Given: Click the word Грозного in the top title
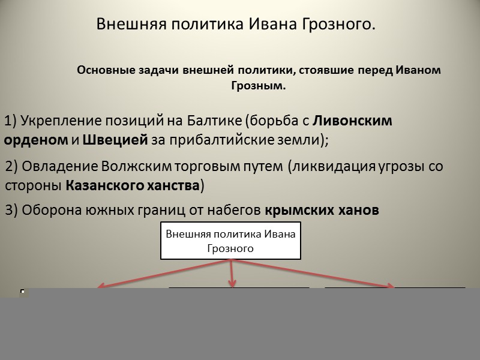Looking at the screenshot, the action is click(338, 25).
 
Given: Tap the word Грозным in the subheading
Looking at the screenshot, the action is click(259, 86).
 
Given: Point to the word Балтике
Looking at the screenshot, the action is click(214, 121).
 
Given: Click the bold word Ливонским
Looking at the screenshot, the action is click(352, 121).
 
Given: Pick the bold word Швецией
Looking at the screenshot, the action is click(115, 140).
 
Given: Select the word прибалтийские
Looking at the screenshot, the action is click(222, 140).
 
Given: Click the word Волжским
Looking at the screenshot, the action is click(136, 167).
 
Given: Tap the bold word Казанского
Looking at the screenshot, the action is click(104, 185).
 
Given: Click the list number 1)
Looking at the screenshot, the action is click(10, 121).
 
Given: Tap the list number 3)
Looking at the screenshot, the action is click(11, 211).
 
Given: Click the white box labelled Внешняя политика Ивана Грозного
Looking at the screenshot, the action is click(231, 241).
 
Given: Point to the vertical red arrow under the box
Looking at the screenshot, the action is click(232, 274).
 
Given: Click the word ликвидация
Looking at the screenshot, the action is click(334, 167).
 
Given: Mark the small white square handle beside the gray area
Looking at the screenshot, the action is click(22, 292).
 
